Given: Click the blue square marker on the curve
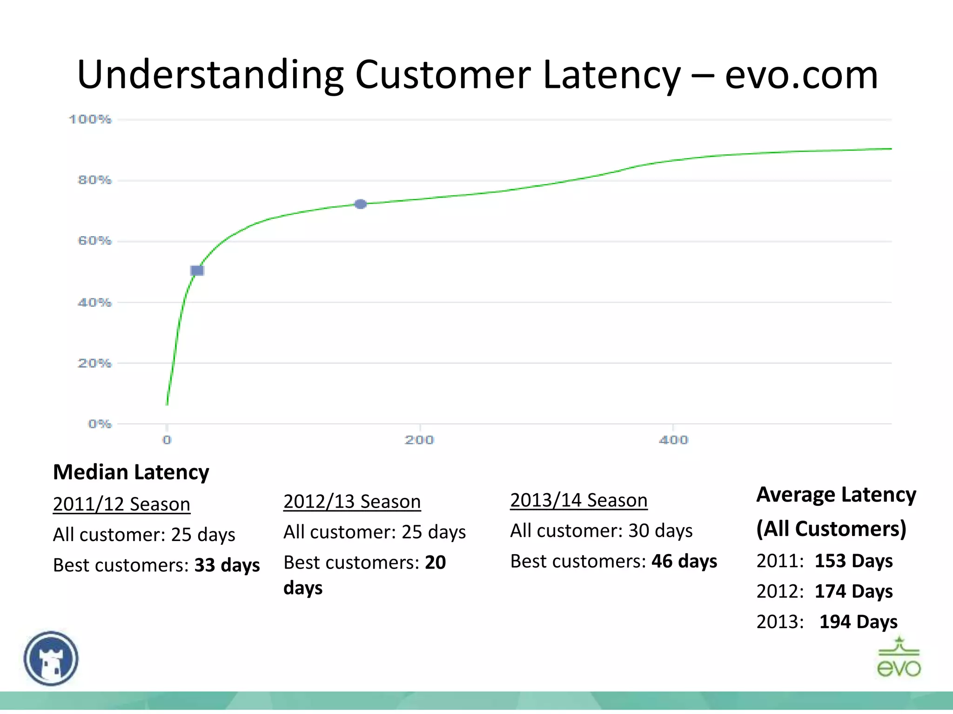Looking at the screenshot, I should click(197, 271).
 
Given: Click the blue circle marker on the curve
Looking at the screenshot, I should click(361, 204).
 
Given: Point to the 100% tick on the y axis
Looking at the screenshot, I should click(90, 119).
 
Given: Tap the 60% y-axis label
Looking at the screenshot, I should click(94, 241).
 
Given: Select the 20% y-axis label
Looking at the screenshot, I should click(94, 363).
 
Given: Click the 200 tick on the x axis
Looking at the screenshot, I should click(419, 440).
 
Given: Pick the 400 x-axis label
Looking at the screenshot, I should click(673, 440).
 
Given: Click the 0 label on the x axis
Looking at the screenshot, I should click(167, 440).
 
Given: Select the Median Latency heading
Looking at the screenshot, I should click(131, 472).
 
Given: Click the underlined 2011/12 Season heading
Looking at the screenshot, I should click(121, 504).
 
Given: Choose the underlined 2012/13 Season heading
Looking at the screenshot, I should click(352, 502).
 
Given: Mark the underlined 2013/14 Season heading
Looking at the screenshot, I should click(579, 500).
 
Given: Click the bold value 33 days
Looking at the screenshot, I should click(227, 565).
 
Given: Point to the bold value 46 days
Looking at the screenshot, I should click(684, 561).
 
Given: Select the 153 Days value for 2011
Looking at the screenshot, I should click(853, 561).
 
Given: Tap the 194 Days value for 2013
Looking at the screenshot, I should click(858, 621).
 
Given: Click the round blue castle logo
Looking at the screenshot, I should click(51, 658).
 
